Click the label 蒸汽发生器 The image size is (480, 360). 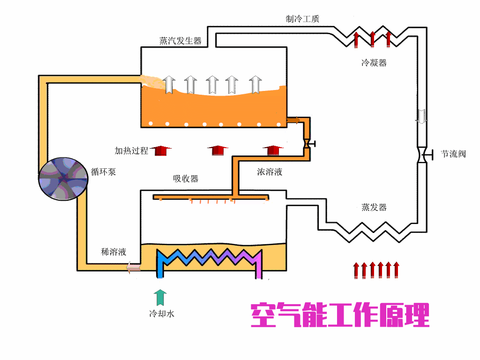tap(180, 41)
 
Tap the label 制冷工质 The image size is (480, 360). tap(303, 19)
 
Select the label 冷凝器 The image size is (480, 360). tap(374, 63)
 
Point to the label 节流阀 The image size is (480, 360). tap(453, 154)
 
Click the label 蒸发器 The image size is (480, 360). tap(374, 207)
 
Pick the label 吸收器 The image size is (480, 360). tap(186, 179)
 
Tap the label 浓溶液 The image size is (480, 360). tap(270, 172)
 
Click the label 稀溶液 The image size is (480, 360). tap(113, 252)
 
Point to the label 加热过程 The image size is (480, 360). tap(131, 150)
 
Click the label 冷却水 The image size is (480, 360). tap(161, 314)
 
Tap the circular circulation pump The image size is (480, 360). tap(63, 179)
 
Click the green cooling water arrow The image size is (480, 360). tap(161, 297)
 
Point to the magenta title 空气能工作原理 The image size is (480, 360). tap(340, 315)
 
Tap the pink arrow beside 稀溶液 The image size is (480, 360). tap(133, 268)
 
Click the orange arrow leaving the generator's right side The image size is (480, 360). tap(293, 120)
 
